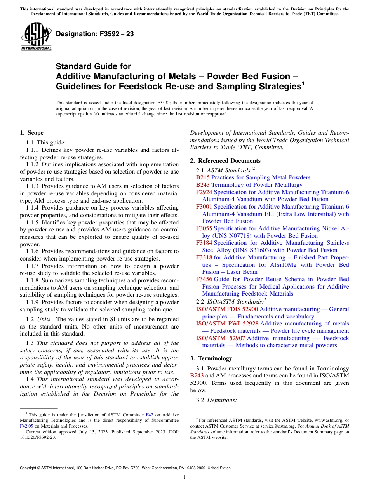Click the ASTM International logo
36,37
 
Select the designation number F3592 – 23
95,34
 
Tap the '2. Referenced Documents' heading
225,161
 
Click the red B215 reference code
203,177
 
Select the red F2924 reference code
204,192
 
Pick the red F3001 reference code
204,207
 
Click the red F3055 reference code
204,228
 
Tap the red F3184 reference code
204,243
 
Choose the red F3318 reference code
204,257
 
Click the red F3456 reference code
204,279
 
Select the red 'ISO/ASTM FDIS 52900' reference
227,309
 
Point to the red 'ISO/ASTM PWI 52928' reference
227,324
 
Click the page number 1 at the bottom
184,477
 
